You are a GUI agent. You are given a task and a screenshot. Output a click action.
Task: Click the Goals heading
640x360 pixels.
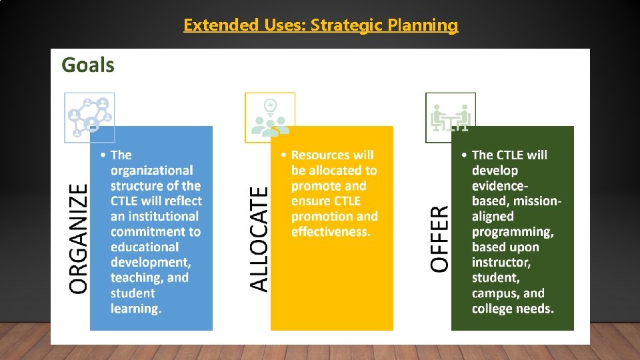click(88, 65)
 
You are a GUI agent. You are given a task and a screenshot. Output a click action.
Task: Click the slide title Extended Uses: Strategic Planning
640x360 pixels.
click(321, 25)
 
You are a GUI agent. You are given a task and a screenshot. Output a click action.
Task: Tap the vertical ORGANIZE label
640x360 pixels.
click(79, 238)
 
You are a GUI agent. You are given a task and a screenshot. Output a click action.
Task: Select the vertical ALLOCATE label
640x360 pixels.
click(259, 238)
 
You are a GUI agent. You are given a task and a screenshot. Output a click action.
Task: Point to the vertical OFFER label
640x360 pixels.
click(440, 238)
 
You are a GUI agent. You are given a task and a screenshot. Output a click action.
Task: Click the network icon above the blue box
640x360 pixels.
click(89, 117)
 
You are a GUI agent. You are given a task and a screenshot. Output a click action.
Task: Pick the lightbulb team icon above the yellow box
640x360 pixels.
click(270, 117)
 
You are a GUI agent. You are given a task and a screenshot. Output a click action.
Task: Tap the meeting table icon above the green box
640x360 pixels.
click(451, 117)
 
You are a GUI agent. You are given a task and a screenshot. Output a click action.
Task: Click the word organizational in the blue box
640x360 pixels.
click(151, 171)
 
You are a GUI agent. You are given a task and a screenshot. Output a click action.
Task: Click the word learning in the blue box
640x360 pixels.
click(136, 309)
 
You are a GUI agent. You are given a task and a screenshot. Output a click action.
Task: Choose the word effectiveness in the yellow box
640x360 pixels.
click(330, 232)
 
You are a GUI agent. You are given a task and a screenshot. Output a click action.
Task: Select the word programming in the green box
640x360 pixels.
click(513, 232)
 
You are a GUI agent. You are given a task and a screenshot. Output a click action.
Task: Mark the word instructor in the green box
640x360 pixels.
click(501, 263)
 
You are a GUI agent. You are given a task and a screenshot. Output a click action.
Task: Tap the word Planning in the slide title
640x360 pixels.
click(427, 25)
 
